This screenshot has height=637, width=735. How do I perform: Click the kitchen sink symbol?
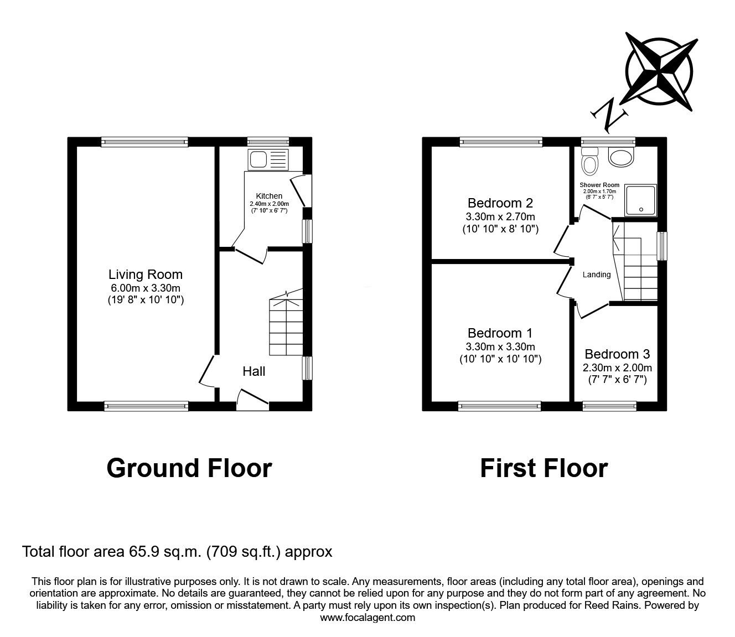click(x=268, y=160)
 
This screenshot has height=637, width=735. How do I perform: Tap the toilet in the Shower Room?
click(x=590, y=162)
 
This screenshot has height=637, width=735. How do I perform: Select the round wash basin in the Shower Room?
click(x=622, y=157)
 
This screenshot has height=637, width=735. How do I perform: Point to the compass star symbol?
click(x=659, y=70)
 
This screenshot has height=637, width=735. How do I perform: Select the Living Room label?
click(x=145, y=275)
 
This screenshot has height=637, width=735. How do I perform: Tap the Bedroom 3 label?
click(x=617, y=354)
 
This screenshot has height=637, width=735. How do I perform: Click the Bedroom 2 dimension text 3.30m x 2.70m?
click(x=500, y=216)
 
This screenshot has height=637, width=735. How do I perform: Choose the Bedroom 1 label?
click(x=500, y=333)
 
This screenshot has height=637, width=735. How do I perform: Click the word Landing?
click(x=596, y=275)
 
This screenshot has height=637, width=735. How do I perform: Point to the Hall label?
click(x=253, y=371)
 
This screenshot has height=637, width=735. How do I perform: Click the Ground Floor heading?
click(x=189, y=468)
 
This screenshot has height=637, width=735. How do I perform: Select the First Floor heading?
click(x=544, y=468)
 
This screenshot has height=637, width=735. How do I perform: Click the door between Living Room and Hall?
click(x=208, y=371)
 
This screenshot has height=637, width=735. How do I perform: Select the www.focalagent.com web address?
click(x=367, y=618)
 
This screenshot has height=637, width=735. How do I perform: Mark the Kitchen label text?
click(x=269, y=196)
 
